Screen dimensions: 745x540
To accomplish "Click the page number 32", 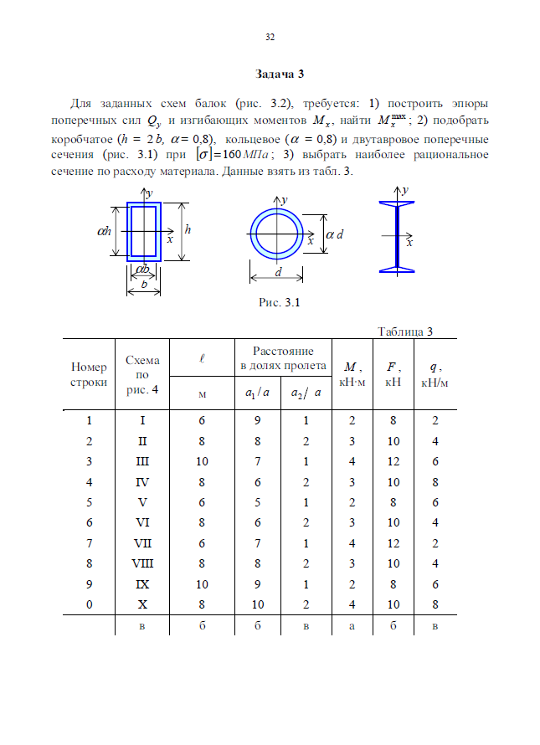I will click(270, 37).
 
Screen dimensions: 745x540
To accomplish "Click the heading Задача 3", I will click(270, 74).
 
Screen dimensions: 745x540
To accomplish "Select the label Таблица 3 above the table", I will click(404, 331).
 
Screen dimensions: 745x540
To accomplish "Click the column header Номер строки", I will click(90, 374).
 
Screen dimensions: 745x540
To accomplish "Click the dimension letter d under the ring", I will click(277, 273).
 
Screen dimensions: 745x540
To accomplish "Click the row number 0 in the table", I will click(89, 604).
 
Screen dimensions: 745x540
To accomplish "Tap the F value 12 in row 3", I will click(393, 461).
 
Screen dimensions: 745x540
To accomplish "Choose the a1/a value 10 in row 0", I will click(258, 604).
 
